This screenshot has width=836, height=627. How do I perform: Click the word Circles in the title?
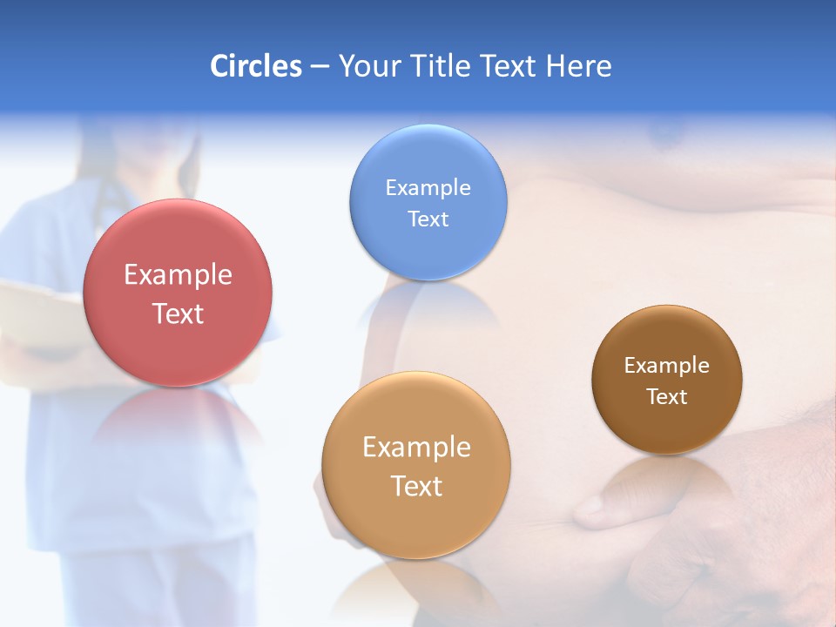255,66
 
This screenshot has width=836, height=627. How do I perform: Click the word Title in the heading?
440,66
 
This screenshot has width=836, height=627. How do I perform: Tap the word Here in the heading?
578,66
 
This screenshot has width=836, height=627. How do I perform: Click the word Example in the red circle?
178,275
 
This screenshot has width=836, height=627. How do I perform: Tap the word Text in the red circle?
178,313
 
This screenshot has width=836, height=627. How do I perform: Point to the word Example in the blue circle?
428,188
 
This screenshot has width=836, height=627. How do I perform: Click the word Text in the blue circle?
428,219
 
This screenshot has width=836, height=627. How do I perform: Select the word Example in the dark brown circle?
667,366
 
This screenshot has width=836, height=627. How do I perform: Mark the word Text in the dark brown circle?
667,397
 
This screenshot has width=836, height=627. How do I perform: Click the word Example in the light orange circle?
416,448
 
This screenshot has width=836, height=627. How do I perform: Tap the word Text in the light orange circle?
416,486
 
